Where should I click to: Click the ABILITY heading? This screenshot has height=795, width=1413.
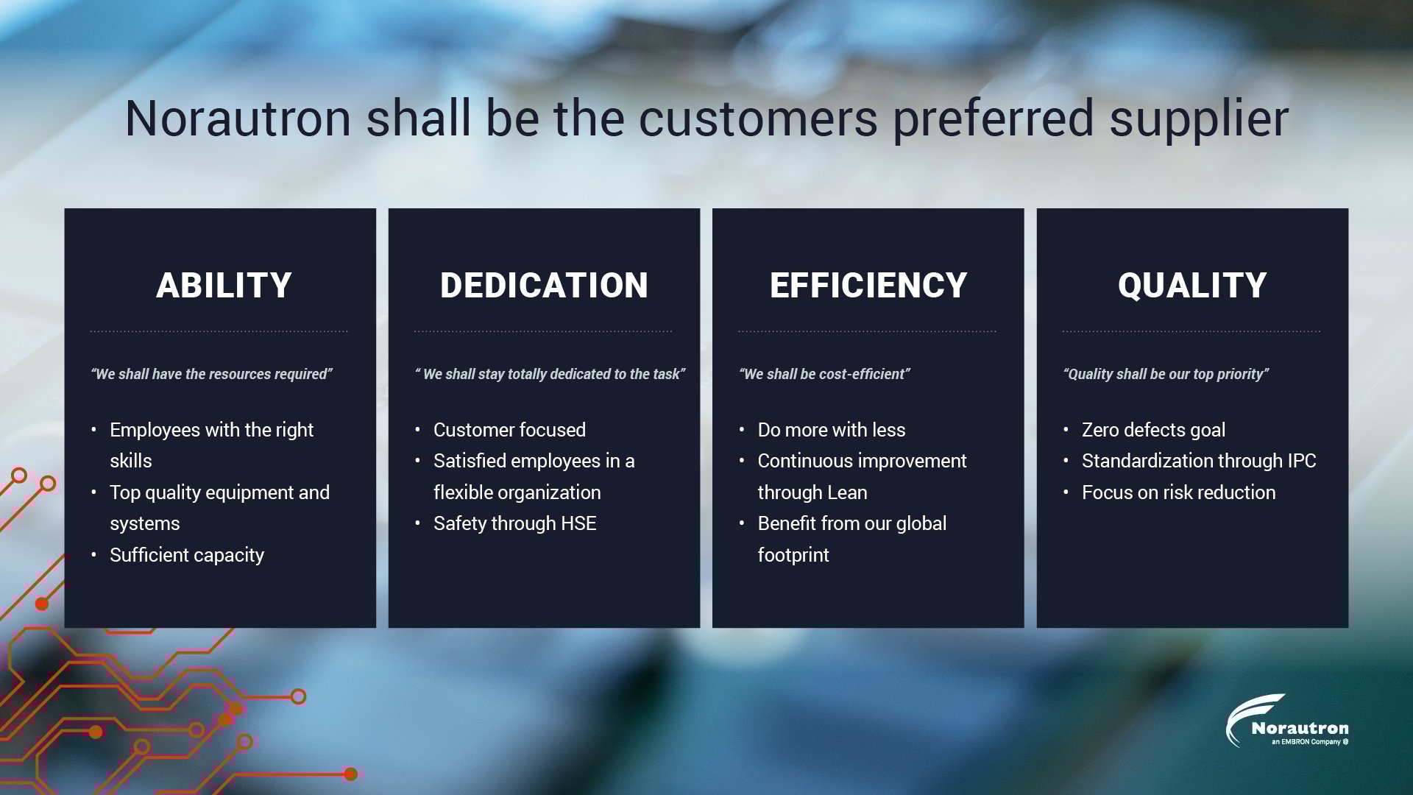pos(224,286)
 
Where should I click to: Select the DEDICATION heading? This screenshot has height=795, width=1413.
pos(544,286)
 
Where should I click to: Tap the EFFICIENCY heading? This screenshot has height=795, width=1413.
pos(868,286)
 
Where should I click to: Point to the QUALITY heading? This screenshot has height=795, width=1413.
pos(1192,286)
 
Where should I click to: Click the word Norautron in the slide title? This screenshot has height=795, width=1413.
pos(238,119)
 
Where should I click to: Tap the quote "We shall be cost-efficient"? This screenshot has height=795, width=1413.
pos(824,374)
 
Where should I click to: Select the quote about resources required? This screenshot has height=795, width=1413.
pos(211,374)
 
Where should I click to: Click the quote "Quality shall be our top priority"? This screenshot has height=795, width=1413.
pos(1166,374)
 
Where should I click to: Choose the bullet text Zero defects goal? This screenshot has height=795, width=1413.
pos(1153,430)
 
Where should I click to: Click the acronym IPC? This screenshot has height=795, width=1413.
pos(1301,461)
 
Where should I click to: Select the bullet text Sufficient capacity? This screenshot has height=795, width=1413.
pos(187,555)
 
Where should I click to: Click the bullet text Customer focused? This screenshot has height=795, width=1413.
pos(509,430)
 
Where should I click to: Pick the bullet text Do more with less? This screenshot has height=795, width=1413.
pos(832,430)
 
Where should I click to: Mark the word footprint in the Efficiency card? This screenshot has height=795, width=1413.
pos(793,555)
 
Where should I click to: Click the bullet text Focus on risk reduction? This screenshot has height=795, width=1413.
pos(1178,492)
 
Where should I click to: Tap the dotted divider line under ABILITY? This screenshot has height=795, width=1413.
pos(219,331)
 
